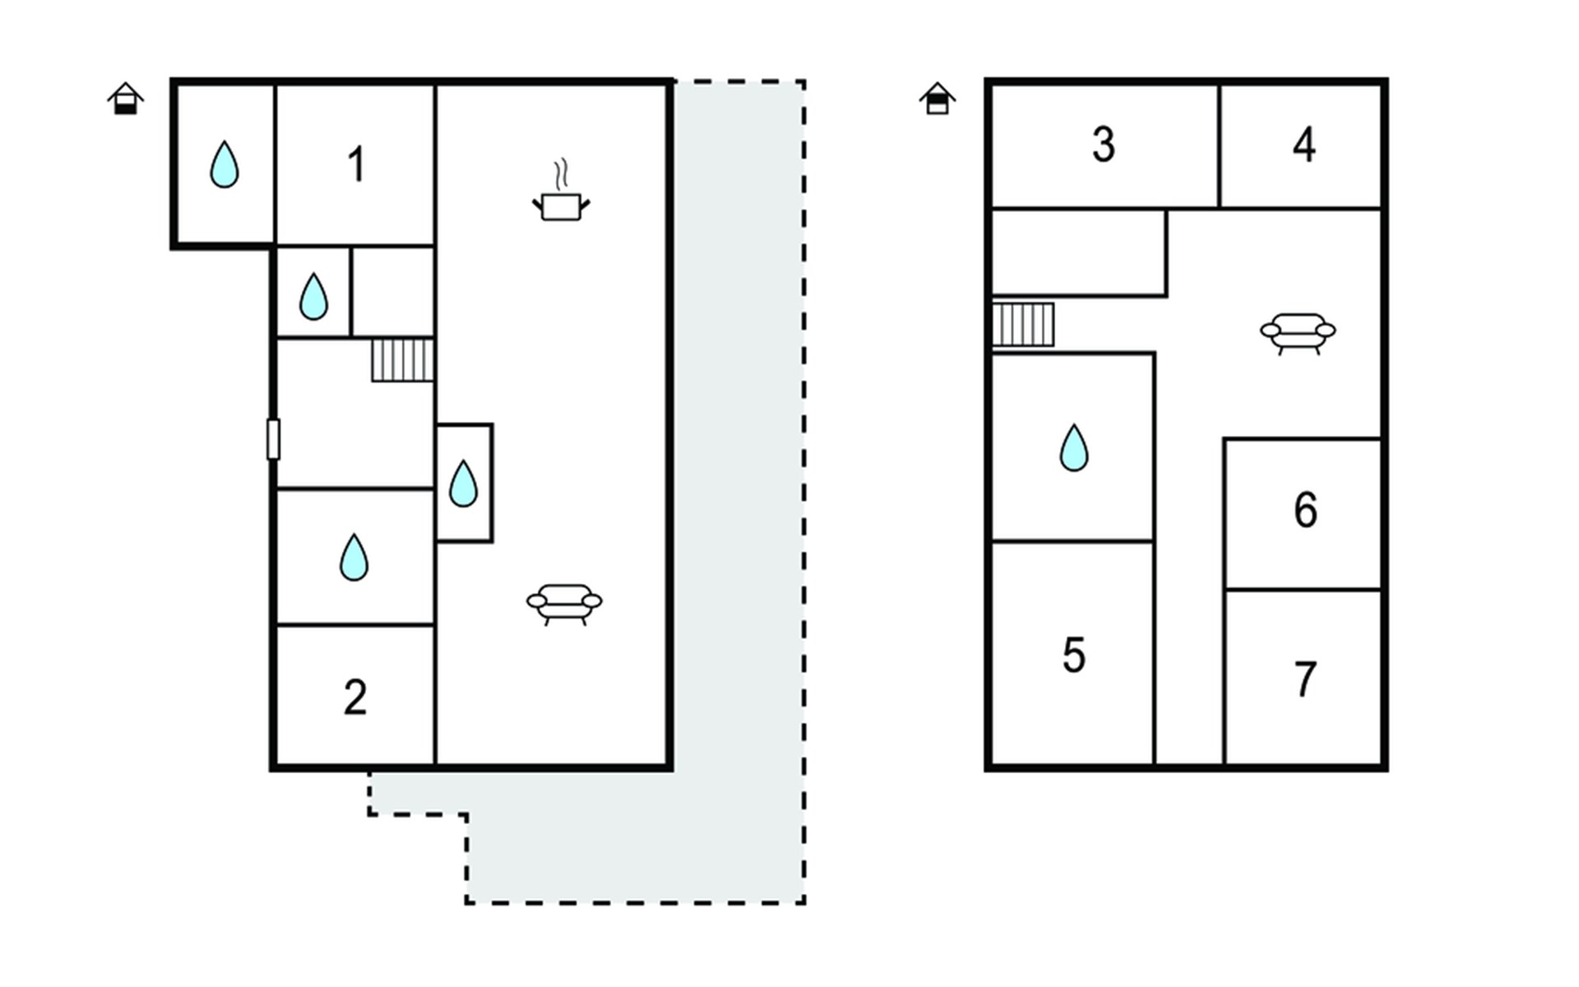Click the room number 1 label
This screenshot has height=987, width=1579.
[x=356, y=164]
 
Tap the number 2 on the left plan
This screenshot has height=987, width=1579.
[x=355, y=697]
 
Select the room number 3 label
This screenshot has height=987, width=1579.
[x=1104, y=145]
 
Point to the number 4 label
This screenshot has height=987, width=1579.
[x=1304, y=145]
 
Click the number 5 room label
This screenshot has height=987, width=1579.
[x=1074, y=656]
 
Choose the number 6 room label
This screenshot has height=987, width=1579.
[x=1305, y=510]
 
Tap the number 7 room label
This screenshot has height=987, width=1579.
[x=1305, y=679]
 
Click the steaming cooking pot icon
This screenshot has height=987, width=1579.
[x=561, y=191]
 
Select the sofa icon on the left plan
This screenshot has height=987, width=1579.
[x=564, y=605]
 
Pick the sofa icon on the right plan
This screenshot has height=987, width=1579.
[x=1298, y=333]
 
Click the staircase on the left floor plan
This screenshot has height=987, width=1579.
[x=402, y=360]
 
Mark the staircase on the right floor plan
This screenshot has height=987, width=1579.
[x=1023, y=325]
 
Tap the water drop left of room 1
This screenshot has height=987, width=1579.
[x=225, y=164]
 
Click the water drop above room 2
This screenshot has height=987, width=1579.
[x=354, y=558]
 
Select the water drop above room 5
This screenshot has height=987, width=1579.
[x=1074, y=447]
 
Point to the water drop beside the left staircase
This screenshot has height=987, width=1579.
[x=313, y=296]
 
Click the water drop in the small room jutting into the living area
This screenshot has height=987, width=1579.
[x=464, y=483]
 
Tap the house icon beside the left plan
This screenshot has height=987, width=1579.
[x=126, y=99]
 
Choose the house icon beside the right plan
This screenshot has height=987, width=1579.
[x=938, y=99]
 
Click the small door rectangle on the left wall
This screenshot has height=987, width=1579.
[x=273, y=439]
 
